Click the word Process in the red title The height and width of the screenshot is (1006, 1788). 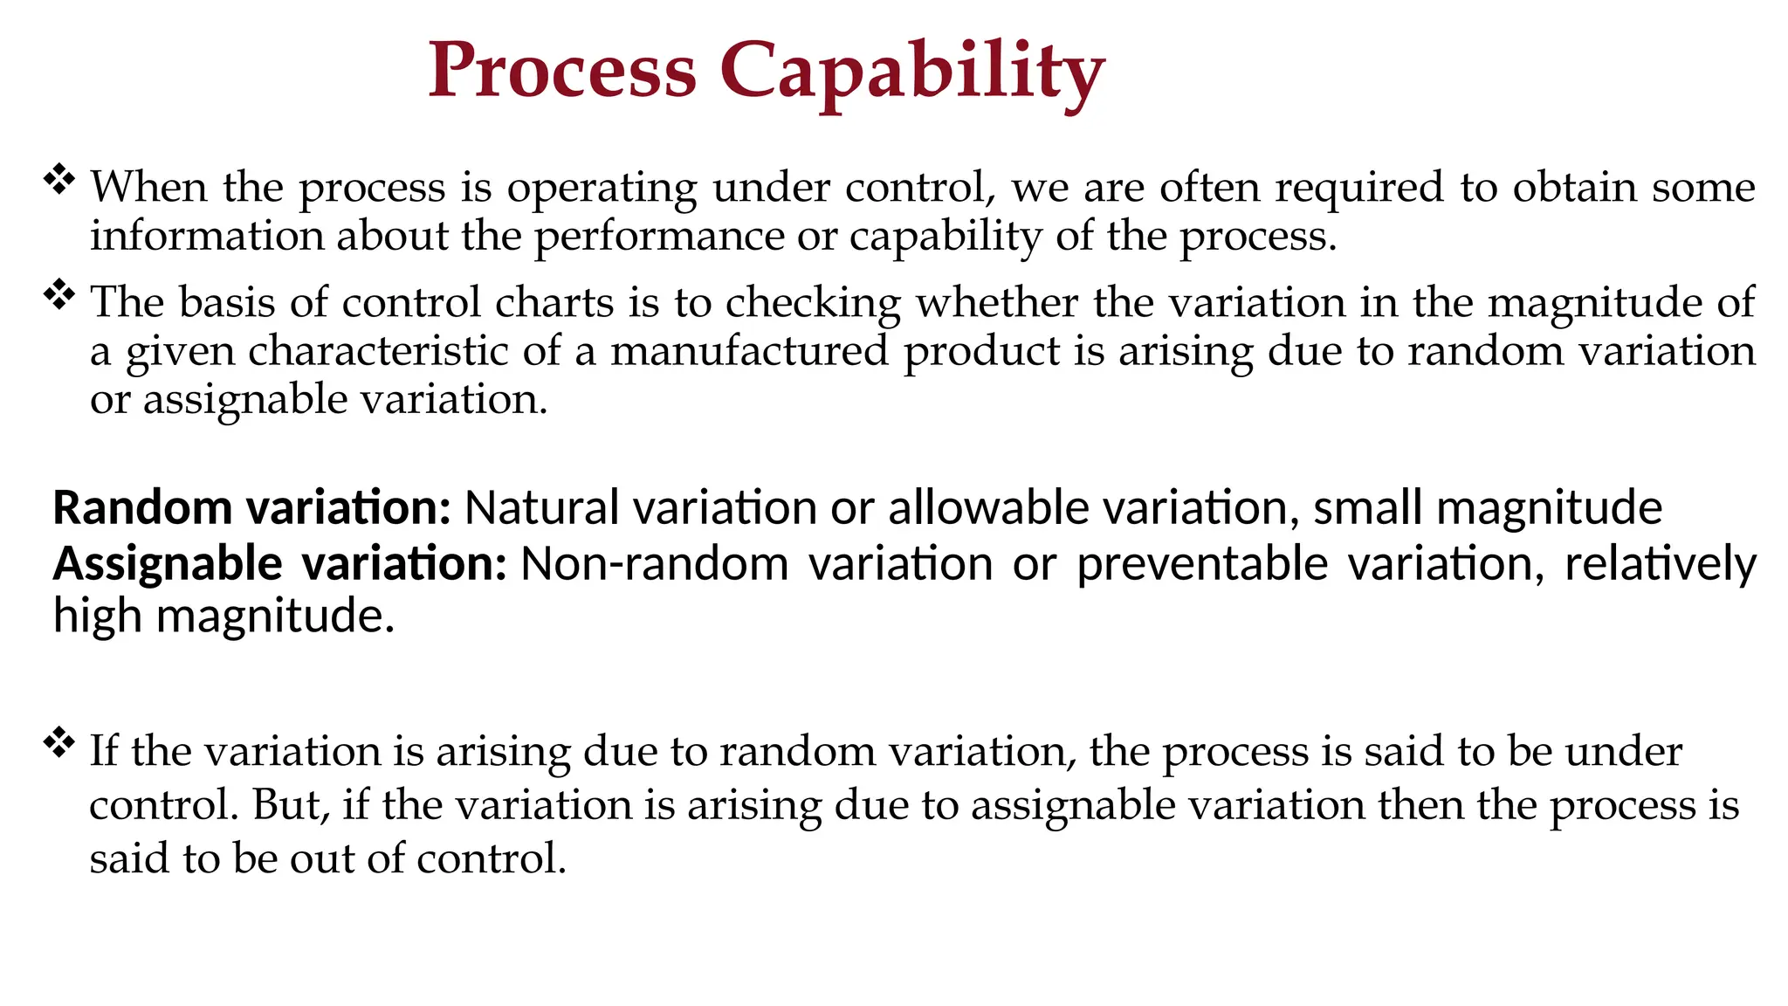(562, 72)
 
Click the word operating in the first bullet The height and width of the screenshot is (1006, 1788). (602, 187)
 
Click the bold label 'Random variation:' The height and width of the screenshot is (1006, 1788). (251, 507)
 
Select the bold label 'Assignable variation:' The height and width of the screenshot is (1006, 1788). (279, 563)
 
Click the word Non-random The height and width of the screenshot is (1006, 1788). (655, 563)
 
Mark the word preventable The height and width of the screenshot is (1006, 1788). (1201, 563)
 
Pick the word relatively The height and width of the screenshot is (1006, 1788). (1660, 563)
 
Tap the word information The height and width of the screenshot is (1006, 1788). (206, 237)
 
